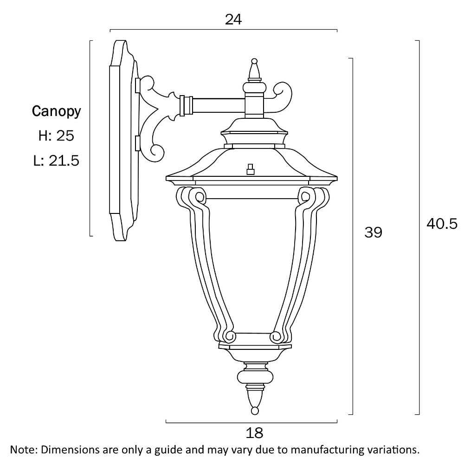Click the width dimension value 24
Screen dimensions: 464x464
(234, 19)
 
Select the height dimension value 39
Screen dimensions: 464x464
(373, 232)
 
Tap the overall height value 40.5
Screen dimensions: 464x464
(442, 224)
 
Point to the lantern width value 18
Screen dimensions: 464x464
(255, 433)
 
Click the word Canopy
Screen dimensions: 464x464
(56, 111)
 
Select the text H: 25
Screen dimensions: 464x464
(56, 136)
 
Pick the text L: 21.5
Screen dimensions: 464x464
(56, 161)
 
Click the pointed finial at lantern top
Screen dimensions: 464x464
(254, 70)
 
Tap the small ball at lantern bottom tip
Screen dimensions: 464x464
(254, 410)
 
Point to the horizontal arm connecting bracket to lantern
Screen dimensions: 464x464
(218, 106)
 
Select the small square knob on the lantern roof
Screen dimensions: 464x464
(251, 169)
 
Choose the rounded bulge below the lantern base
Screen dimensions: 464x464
(254, 375)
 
